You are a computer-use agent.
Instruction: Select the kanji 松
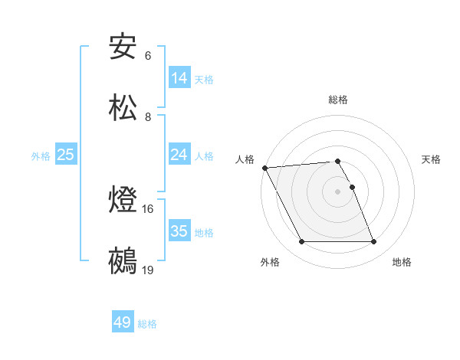pyautogui.click(x=123, y=106)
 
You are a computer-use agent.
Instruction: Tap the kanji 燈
pyautogui.click(x=123, y=200)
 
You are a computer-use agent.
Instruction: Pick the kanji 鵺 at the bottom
pyautogui.click(x=123, y=260)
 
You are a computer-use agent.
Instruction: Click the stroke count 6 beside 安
pyautogui.click(x=148, y=56)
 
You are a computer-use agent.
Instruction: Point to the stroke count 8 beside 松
pyautogui.click(x=148, y=116)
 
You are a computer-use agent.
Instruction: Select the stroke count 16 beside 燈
pyautogui.click(x=148, y=209)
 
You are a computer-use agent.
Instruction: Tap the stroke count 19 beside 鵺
pyautogui.click(x=148, y=270)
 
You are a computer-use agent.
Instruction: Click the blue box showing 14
pyautogui.click(x=179, y=77)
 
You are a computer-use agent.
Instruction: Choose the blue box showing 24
pyautogui.click(x=179, y=154)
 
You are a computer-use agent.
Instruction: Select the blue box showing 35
pyautogui.click(x=179, y=231)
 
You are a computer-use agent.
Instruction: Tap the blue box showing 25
pyautogui.click(x=66, y=154)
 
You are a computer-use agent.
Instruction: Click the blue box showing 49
pyautogui.click(x=123, y=322)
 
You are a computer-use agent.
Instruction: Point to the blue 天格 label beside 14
pyautogui.click(x=204, y=79)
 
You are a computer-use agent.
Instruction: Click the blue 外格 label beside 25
pyautogui.click(x=41, y=155)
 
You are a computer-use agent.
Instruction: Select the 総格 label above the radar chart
pyautogui.click(x=338, y=100)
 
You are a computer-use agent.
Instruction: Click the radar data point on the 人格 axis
pyautogui.click(x=264, y=168)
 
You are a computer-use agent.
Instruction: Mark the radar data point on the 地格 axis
pyautogui.click(x=373, y=242)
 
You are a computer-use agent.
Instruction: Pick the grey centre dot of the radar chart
pyautogui.click(x=338, y=191)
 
